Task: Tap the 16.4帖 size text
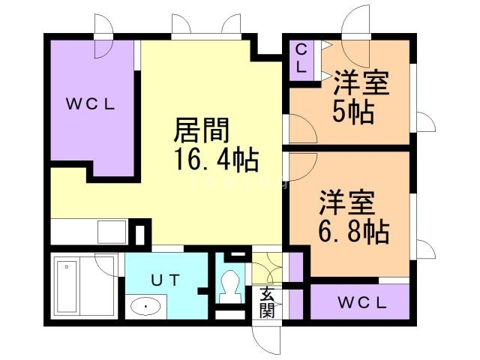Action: click(x=216, y=159)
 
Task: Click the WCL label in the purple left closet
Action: click(x=88, y=105)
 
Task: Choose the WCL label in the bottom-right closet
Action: click(x=361, y=303)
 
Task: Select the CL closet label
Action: click(x=301, y=58)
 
